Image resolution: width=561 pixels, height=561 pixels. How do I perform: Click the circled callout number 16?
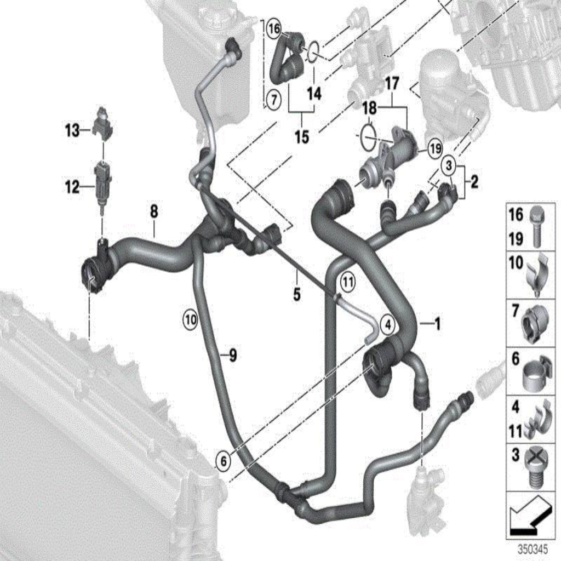[x=274, y=28]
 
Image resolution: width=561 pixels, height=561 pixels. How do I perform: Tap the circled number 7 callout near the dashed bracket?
[x=274, y=100]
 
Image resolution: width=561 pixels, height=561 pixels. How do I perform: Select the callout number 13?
[x=73, y=130]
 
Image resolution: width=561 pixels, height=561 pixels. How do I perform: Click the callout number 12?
[x=72, y=187]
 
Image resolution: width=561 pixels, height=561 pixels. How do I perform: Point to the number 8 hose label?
[x=154, y=212]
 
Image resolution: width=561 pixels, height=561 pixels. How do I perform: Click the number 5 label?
[x=297, y=294]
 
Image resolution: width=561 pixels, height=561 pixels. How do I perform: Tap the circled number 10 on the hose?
[x=191, y=319]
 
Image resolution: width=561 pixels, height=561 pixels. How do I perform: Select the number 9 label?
[x=233, y=355]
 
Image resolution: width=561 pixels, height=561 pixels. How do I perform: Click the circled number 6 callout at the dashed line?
[x=224, y=461]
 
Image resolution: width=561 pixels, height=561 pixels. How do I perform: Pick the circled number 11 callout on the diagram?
[x=348, y=282]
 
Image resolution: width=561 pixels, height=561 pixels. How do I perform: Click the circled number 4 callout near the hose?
[x=388, y=325]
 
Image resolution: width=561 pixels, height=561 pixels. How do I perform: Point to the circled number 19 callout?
[x=435, y=148]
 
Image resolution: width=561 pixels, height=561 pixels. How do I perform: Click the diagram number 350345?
[x=533, y=549]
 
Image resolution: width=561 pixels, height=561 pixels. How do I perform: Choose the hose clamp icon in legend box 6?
[x=535, y=373]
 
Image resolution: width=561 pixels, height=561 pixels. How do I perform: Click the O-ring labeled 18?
[x=369, y=138]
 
